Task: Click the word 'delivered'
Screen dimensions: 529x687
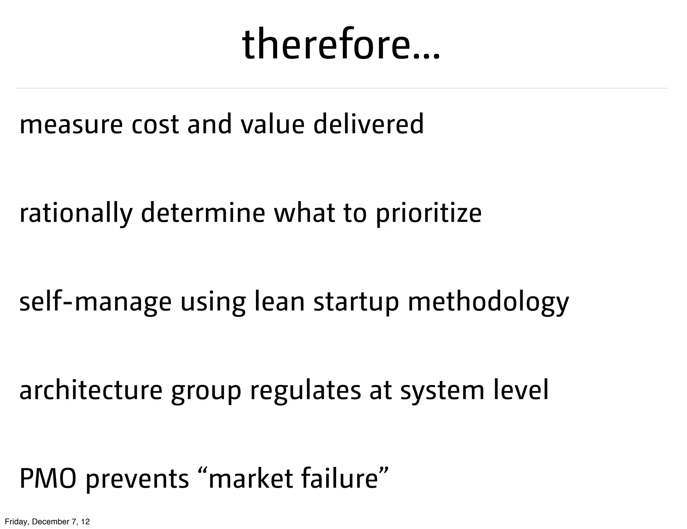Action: click(368, 124)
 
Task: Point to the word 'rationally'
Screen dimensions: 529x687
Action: click(76, 213)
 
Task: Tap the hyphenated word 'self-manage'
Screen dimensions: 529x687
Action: click(95, 302)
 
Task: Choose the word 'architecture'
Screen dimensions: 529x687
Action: click(91, 390)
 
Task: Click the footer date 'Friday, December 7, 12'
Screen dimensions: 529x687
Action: click(47, 522)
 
